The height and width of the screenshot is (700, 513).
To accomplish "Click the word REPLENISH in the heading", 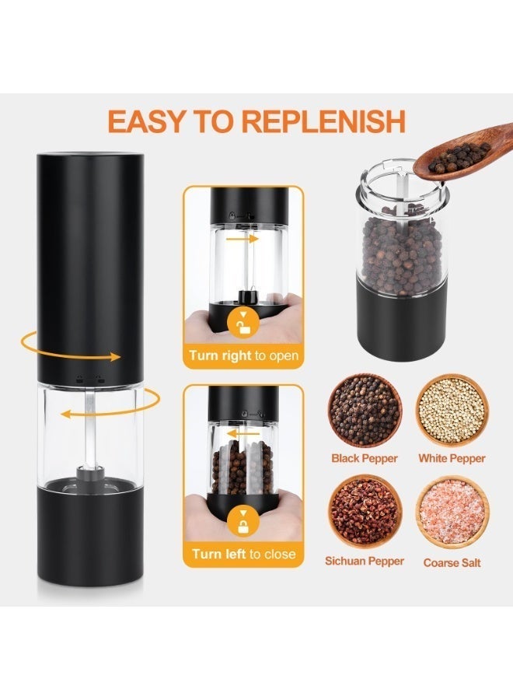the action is tap(323, 121).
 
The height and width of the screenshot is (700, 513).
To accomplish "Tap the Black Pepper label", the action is tap(365, 458).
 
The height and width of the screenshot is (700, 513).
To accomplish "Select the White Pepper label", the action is tap(452, 458).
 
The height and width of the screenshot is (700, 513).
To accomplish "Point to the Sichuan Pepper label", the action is tap(365, 561).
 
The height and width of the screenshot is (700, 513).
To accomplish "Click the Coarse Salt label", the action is tap(452, 562).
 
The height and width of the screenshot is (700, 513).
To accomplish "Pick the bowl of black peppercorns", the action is tap(365, 410).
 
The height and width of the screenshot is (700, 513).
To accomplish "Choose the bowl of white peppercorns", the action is tap(452, 410).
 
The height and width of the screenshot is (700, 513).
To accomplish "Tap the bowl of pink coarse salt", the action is tap(452, 512).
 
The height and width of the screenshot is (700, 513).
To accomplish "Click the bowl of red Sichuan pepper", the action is tap(365, 512).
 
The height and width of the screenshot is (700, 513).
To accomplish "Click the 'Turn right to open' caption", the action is tap(243, 355).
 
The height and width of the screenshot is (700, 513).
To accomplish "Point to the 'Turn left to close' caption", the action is tap(243, 555).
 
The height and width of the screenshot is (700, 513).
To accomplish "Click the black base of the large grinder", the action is tap(91, 535).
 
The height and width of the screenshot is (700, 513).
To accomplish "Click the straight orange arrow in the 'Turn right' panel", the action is tap(243, 239).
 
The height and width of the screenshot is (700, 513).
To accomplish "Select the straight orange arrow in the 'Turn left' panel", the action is tap(243, 433).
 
